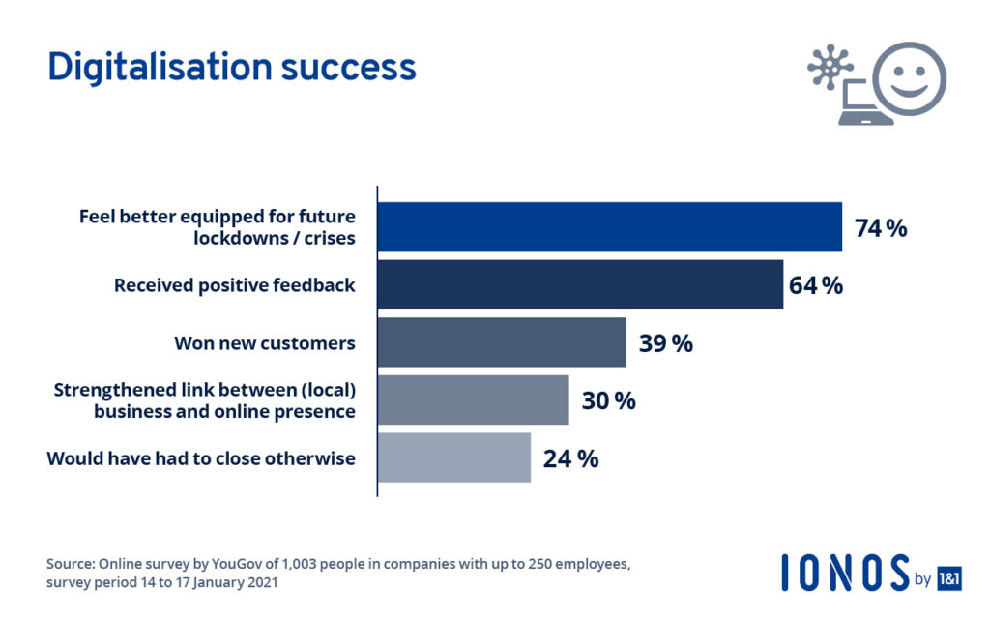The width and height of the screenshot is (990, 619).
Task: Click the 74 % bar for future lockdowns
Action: pos(609,227)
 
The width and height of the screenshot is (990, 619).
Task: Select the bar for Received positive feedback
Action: pos(580,284)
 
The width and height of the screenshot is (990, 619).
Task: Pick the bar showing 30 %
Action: pos(473,399)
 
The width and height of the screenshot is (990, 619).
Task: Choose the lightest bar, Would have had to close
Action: pos(453,457)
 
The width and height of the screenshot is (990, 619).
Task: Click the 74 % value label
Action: pos(880,228)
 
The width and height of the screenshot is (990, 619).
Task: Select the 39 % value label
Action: pos(665,343)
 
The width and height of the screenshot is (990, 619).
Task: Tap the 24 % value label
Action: pos(570,458)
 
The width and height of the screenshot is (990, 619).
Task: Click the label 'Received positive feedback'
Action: pos(234,285)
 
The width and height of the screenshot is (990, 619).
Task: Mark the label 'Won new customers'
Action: pos(264,343)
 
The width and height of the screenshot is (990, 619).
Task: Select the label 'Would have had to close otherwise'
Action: pos(201,458)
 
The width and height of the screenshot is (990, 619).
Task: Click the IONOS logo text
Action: pos(845,573)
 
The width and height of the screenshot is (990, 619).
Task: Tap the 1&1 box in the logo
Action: pos(949,578)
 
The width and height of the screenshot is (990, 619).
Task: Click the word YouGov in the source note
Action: pos(217,564)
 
